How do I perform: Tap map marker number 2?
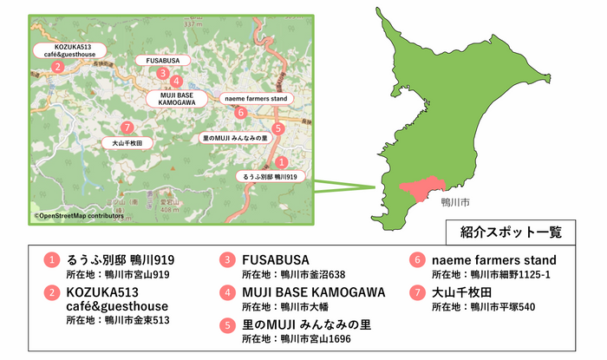pyautogui.click(x=57, y=67)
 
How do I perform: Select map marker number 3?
pyautogui.click(x=163, y=74)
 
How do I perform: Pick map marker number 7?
pyautogui.click(x=128, y=127)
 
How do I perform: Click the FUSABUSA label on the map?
pyautogui.click(x=163, y=61)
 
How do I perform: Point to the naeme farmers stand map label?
pyautogui.click(x=255, y=99)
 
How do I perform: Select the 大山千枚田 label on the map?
pyautogui.click(x=127, y=141)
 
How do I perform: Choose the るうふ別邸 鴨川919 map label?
pyautogui.click(x=271, y=176)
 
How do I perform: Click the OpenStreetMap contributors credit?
pyautogui.click(x=73, y=215)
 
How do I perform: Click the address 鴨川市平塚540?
pyautogui.click(x=498, y=306)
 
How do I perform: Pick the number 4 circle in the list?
pyautogui.click(x=227, y=292)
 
